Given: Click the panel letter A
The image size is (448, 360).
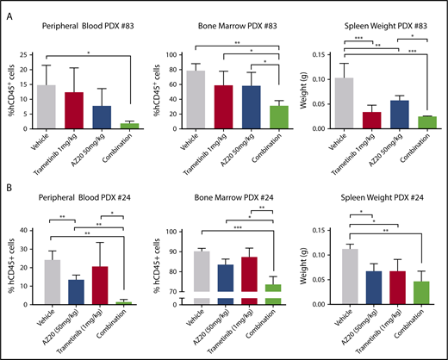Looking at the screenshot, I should click(12, 14).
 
